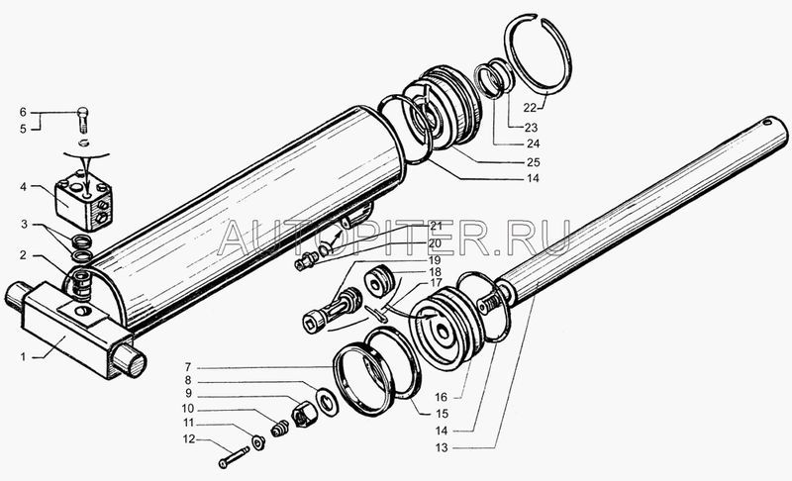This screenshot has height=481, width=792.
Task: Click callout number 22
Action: (530, 108)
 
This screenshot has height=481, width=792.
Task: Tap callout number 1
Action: (23, 357)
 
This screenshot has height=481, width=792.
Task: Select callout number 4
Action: (23, 187)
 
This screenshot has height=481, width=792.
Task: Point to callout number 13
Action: (442, 447)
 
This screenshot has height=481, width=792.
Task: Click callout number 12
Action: (189, 439)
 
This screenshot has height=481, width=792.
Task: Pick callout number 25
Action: (534, 162)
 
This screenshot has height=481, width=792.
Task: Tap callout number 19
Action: (435, 261)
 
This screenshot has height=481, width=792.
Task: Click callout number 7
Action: (188, 367)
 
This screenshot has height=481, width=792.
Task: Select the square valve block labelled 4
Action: (83, 200)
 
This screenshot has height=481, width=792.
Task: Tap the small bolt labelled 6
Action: (84, 119)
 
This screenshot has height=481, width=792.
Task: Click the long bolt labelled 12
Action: (235, 457)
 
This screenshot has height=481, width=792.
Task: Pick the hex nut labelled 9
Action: (304, 414)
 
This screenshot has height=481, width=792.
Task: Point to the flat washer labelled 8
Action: (328, 402)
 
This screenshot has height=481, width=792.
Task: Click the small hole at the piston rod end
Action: (768, 121)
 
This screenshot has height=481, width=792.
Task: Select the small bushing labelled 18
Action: (379, 283)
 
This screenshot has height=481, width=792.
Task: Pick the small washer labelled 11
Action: (259, 443)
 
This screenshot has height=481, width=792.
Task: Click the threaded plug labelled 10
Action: (279, 429)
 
